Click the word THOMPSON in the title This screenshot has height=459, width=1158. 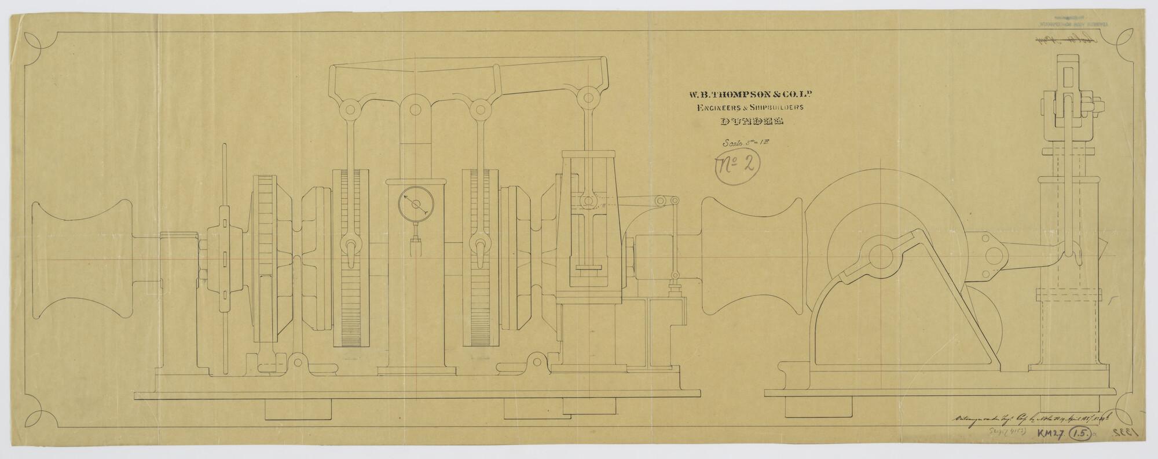coord(730,95)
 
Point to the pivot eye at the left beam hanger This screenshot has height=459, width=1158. coord(350,110)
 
